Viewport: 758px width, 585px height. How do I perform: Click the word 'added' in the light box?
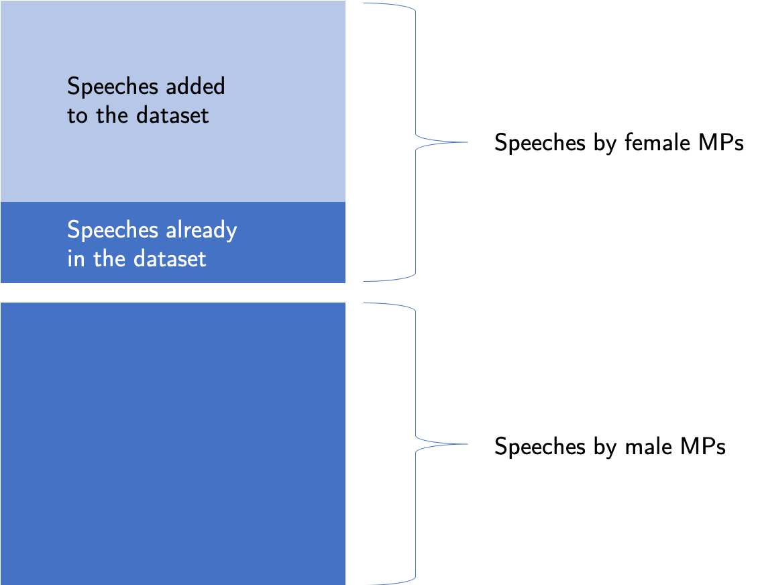[195, 86]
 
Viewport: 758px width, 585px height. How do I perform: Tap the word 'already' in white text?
[202, 231]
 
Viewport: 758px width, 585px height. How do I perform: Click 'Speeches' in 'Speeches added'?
[113, 87]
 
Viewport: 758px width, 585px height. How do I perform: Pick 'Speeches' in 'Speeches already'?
[113, 230]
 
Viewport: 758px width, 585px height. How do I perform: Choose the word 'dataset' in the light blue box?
[172, 115]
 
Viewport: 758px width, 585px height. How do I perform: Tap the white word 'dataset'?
[170, 259]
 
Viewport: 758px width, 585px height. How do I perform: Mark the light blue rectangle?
[173, 101]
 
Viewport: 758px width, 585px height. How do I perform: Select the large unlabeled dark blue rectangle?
[173, 443]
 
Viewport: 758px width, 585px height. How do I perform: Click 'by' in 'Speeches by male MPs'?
[605, 447]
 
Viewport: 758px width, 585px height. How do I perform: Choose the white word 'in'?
[76, 259]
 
